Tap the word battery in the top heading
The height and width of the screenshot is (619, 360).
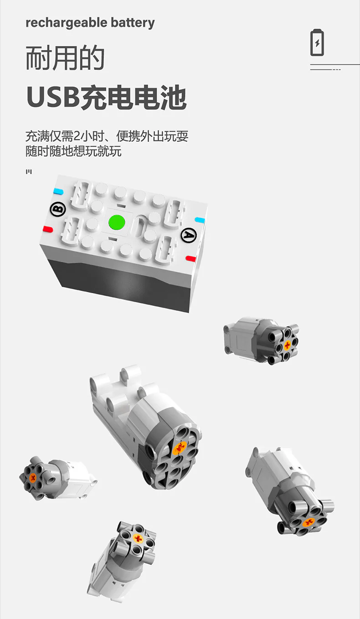pos(133,23)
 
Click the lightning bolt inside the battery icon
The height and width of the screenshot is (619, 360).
pos(317,43)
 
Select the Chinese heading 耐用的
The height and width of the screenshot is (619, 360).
pos(65,58)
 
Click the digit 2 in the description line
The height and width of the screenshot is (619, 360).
pos(77,136)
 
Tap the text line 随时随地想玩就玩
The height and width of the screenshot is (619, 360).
pos(73,151)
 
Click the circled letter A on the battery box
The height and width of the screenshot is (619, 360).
pos(188,235)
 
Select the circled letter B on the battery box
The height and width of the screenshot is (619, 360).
pos(58,209)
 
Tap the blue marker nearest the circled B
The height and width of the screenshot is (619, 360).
pos(59,191)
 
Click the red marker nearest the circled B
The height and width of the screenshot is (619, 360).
pos(48,229)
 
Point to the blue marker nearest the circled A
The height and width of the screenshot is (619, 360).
pos(200,220)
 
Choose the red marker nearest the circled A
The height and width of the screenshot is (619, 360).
pos(191,258)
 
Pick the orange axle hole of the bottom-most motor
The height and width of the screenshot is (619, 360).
pos(138,538)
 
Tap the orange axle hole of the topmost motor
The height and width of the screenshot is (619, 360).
pos(288,345)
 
